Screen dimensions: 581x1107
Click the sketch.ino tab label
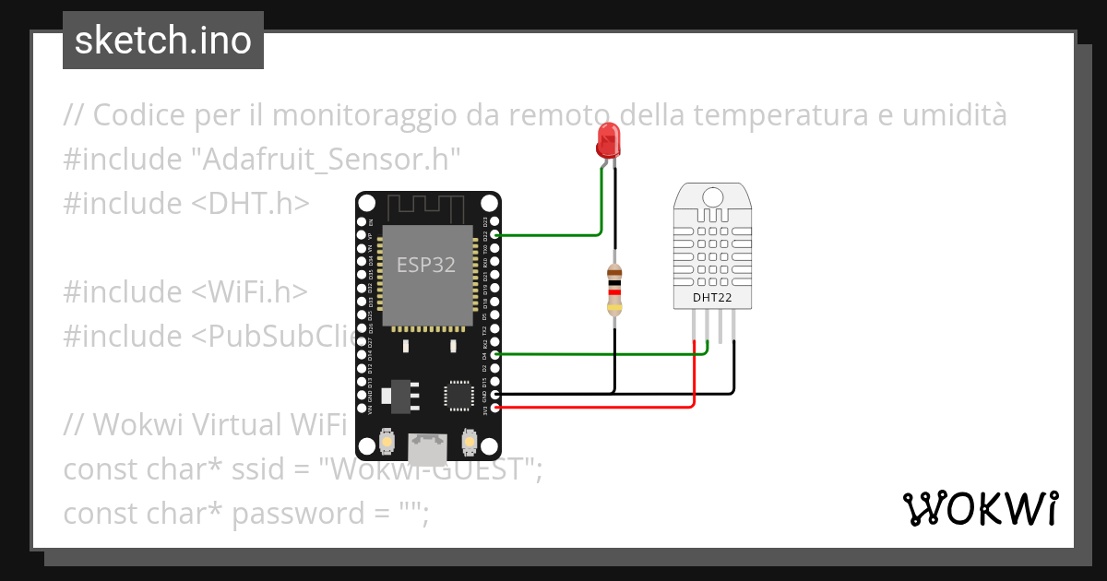click(162, 41)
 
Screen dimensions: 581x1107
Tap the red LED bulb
click(608, 140)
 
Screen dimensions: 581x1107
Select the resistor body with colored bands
click(614, 290)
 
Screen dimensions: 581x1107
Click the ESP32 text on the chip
click(426, 266)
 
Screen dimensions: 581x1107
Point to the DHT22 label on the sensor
click(712, 298)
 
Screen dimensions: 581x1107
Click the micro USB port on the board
click(427, 449)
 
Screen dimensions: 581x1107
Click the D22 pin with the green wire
click(496, 235)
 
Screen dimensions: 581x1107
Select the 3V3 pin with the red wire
click(496, 407)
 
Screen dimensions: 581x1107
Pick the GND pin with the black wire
click(496, 394)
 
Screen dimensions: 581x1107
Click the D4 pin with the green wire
click(496, 354)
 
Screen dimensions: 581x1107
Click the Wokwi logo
click(980, 508)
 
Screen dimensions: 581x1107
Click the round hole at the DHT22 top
click(712, 196)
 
